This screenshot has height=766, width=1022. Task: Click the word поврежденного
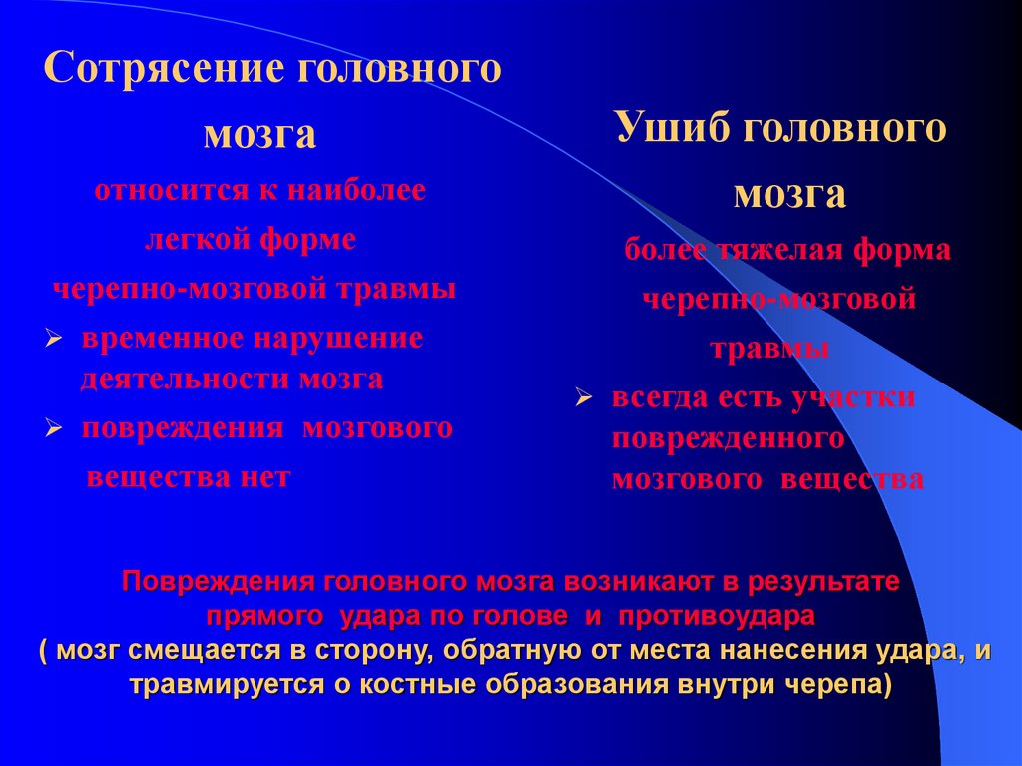[729, 439]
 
